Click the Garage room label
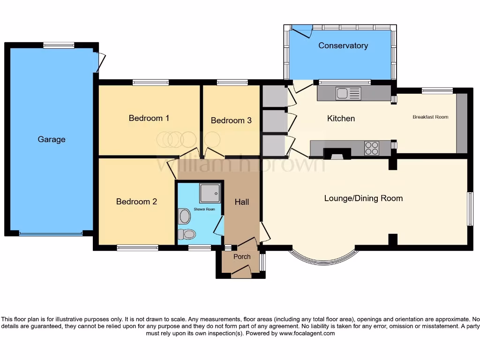(52, 139)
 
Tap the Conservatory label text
(343, 45)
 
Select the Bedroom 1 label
(149, 118)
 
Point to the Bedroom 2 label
(136, 202)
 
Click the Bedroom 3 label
(231, 120)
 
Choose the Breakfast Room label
(430, 117)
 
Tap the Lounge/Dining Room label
(363, 198)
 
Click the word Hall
(242, 202)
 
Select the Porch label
(242, 256)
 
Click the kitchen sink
(348, 94)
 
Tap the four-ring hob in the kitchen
(372, 148)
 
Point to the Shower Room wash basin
(185, 216)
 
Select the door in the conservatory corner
(301, 31)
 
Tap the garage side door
(100, 62)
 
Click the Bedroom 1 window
(150, 82)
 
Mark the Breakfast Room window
(437, 91)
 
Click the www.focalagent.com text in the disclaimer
(307, 334)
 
